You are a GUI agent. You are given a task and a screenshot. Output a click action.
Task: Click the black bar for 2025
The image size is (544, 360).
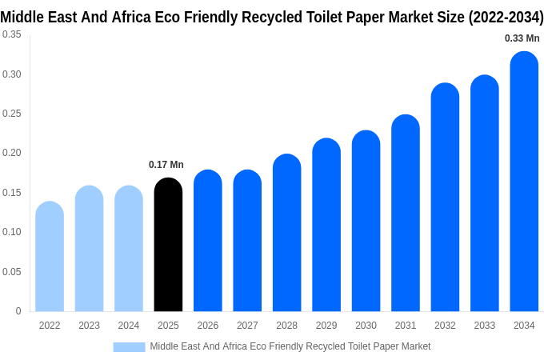(x=168, y=245)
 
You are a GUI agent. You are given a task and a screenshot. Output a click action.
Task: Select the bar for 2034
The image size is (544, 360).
(x=524, y=182)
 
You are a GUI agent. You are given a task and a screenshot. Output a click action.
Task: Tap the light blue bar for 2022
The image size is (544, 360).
(x=50, y=257)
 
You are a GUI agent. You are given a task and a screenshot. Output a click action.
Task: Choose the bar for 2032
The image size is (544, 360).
(x=445, y=198)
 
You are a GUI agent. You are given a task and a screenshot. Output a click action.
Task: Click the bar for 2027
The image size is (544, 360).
(x=247, y=241)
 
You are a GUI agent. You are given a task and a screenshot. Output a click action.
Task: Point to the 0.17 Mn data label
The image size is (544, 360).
(x=166, y=165)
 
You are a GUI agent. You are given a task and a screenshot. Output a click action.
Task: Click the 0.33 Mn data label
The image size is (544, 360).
(x=522, y=38)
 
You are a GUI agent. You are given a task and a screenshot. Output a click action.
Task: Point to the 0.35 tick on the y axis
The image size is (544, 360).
(x=12, y=34)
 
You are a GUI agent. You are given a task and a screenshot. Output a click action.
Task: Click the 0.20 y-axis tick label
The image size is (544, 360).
(x=12, y=153)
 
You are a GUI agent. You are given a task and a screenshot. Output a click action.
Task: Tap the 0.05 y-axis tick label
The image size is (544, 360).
(x=12, y=272)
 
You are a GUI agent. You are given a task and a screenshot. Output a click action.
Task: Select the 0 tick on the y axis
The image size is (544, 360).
(x=18, y=311)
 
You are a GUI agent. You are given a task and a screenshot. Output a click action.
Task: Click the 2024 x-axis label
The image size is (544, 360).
(x=129, y=326)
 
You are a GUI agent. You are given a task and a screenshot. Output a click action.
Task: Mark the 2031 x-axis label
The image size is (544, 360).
(x=406, y=326)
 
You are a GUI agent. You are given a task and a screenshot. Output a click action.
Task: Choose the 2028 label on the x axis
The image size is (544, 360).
(x=286, y=326)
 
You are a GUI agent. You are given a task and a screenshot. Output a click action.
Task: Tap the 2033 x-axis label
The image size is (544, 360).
(x=485, y=326)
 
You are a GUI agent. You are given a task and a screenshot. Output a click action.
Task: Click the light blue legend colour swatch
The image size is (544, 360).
(x=129, y=347)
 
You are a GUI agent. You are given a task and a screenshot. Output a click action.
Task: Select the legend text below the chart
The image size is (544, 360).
(x=290, y=346)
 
